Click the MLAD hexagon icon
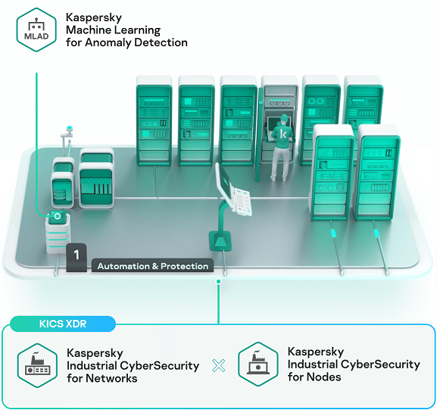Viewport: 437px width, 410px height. (x=36, y=30)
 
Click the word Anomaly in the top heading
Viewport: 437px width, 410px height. (x=108, y=42)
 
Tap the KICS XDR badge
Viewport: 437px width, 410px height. (x=63, y=324)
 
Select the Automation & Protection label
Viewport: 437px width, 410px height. (x=153, y=266)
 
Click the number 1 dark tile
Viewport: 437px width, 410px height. (x=76, y=257)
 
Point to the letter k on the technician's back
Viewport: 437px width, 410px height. (x=283, y=134)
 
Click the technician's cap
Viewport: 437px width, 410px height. (x=284, y=117)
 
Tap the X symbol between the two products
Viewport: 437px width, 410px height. (x=219, y=365)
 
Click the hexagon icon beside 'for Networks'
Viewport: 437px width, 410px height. (x=37, y=365)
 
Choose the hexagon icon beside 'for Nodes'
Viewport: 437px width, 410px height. (x=258, y=364)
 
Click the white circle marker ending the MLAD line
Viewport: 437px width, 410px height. (x=58, y=216)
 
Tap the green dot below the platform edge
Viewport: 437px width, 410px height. (x=219, y=281)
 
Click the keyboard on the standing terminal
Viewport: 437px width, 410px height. (x=242, y=202)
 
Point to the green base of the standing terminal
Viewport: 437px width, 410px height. (x=220, y=241)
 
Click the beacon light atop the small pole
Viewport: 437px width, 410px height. (x=69, y=129)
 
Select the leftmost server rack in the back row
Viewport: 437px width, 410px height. (x=154, y=120)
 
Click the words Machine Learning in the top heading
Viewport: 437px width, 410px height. (x=113, y=30)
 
